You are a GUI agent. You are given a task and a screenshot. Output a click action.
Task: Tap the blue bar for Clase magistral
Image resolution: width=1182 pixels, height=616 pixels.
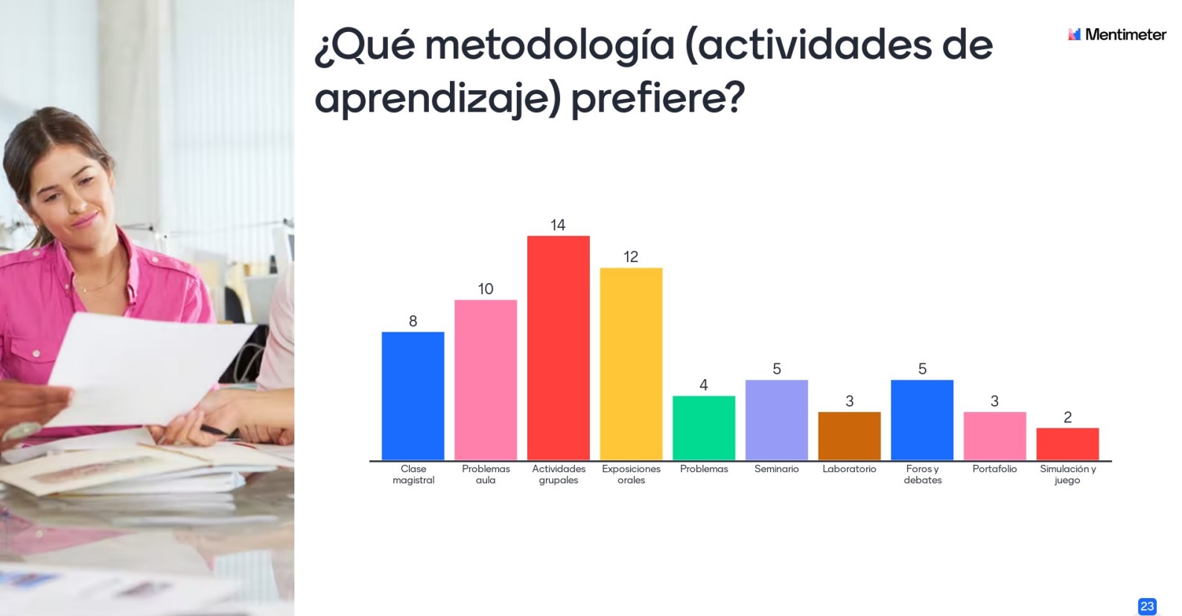[413, 396]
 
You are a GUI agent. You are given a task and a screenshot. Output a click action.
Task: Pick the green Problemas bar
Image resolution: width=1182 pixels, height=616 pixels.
[703, 428]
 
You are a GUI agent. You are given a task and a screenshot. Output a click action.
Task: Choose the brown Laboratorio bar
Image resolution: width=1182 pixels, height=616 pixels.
[849, 436]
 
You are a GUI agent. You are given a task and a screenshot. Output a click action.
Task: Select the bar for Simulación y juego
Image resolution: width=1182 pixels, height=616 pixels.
[1067, 444]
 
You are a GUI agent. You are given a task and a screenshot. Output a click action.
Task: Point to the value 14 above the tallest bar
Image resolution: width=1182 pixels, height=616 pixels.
[558, 225]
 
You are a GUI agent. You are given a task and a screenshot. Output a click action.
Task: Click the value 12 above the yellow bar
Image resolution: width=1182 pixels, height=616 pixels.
[631, 257]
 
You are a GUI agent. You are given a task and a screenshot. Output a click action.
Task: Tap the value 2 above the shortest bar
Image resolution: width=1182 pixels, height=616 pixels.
[1067, 417]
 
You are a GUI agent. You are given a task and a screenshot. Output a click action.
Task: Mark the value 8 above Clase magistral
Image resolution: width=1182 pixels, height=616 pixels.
[413, 321]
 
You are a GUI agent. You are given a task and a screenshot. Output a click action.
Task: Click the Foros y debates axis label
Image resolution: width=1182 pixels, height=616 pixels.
[922, 474]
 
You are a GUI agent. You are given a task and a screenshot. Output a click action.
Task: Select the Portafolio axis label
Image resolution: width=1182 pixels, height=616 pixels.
[994, 469]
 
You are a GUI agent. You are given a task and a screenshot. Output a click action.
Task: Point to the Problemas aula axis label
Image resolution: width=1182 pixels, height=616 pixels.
[486, 474]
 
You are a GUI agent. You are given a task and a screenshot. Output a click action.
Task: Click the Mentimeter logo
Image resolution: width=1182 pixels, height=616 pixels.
[1116, 34]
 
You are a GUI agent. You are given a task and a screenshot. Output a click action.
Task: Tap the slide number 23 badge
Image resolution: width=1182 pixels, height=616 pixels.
[1147, 606]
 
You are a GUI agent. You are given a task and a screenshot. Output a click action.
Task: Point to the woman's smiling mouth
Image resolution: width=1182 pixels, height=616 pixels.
[83, 220]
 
